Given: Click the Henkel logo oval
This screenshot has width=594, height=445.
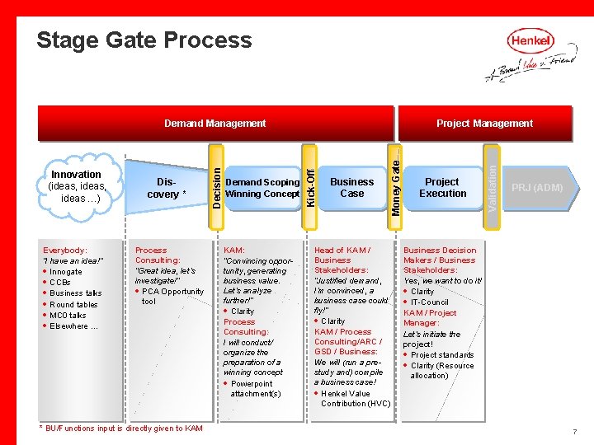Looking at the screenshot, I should pyautogui.click(x=530, y=40).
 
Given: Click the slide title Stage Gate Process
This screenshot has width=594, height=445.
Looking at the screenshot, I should pyautogui.click(x=144, y=40).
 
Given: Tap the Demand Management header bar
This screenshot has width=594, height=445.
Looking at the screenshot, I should pyautogui.click(x=214, y=124).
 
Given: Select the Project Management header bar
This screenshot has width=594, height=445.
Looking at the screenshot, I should pyautogui.click(x=484, y=124).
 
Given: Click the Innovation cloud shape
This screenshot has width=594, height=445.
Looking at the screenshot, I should pyautogui.click(x=76, y=187).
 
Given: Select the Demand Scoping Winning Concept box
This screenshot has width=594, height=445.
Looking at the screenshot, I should pyautogui.click(x=262, y=188).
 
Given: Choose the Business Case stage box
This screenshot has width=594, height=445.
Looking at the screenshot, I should pyautogui.click(x=351, y=188).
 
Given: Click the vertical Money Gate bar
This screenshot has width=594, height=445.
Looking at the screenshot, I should pyautogui.click(x=396, y=187).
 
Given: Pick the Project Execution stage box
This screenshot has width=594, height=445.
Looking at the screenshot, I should pyautogui.click(x=443, y=188).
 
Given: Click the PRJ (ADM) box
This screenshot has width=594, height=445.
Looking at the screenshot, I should pyautogui.click(x=537, y=188).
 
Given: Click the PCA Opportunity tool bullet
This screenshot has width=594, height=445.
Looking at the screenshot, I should pyautogui.click(x=171, y=296).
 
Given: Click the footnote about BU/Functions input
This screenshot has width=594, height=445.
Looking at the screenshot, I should pyautogui.click(x=121, y=429).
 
